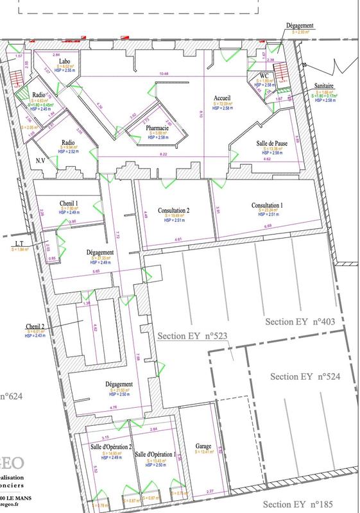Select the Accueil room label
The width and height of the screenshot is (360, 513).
coord(222,97)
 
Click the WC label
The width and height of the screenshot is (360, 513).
coord(264,75)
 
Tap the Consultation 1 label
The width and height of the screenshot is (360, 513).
coord(267,205)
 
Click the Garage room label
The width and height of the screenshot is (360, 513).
coord(203,445)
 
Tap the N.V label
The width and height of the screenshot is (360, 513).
coord(40,161)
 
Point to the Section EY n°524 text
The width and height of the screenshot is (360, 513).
coord(305,376)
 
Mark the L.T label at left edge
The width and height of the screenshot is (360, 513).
coord(17,244)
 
